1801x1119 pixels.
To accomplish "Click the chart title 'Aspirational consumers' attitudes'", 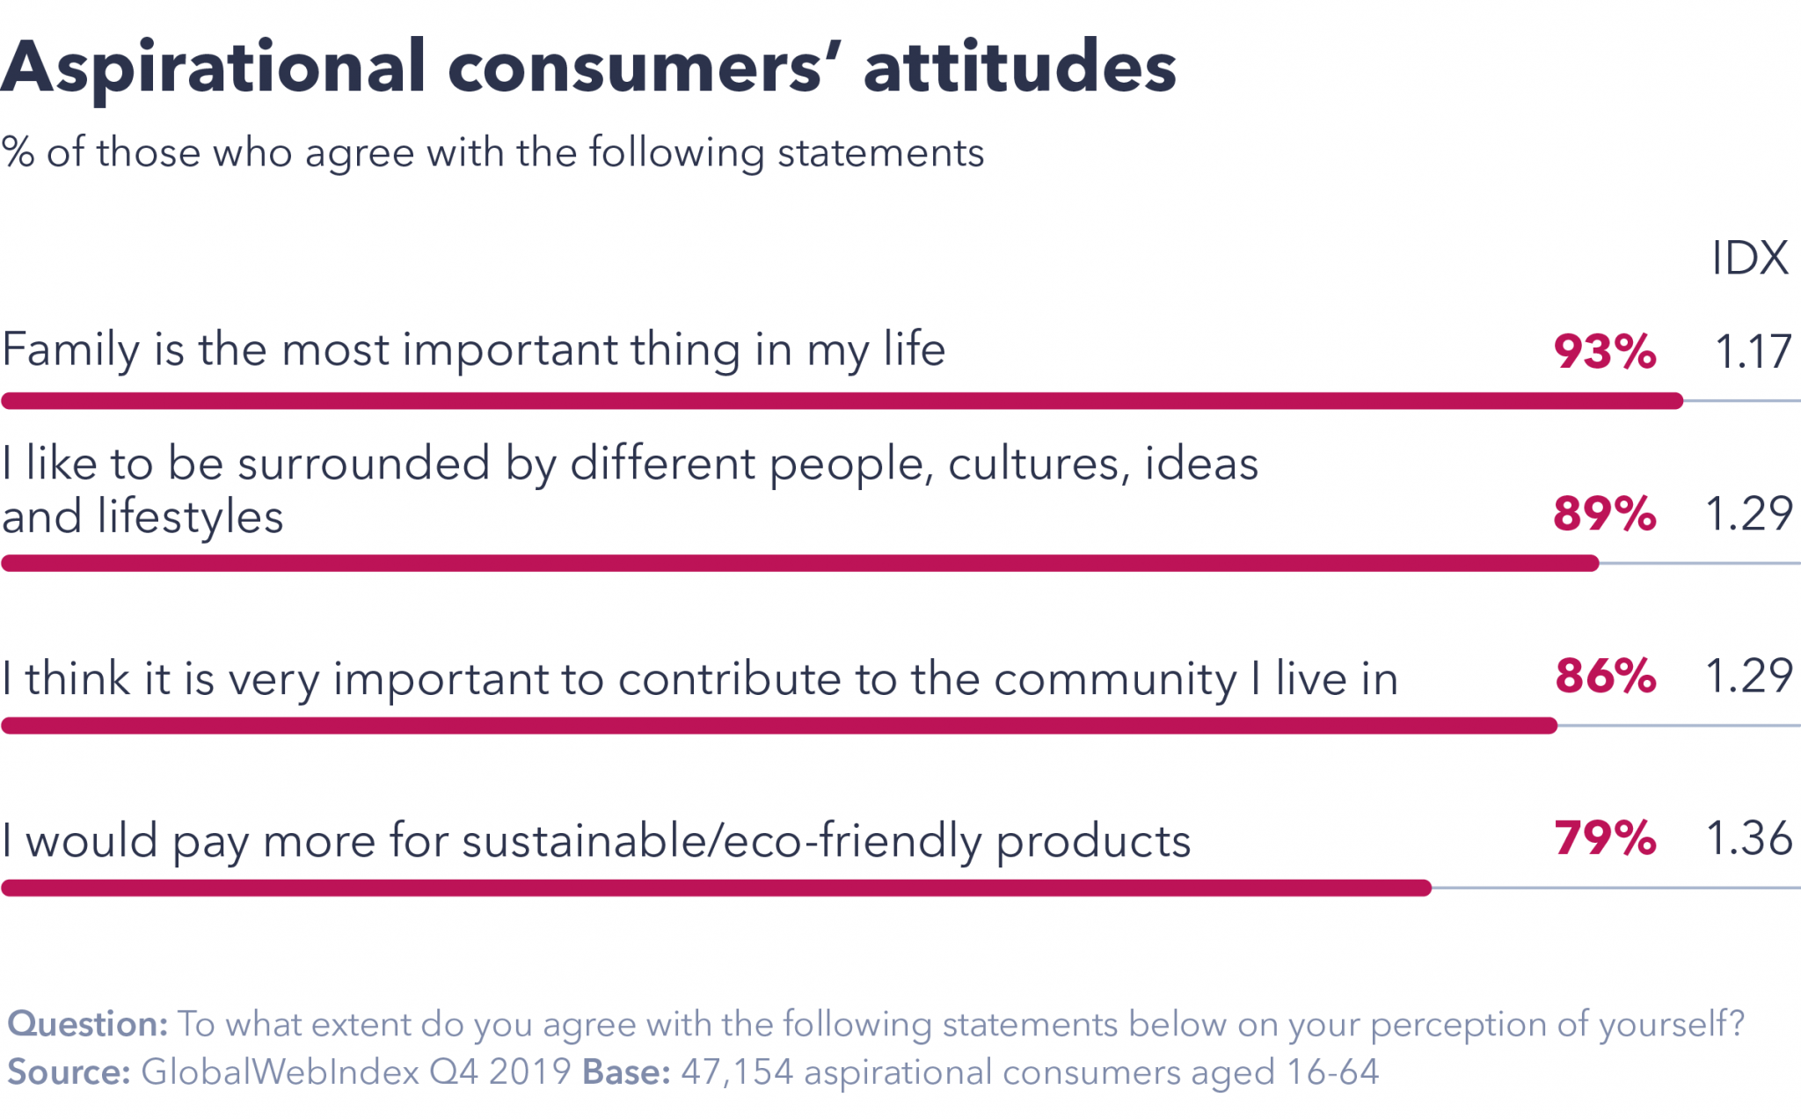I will (x=587, y=69).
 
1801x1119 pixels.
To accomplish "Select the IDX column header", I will (x=1749, y=259).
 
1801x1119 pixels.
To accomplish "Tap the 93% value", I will (x=1605, y=352).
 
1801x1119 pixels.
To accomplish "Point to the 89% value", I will (x=1605, y=514).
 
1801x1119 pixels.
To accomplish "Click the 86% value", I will (x=1606, y=676).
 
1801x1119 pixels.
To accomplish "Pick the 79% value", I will (x=1605, y=838).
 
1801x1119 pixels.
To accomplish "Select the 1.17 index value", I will (x=1753, y=352).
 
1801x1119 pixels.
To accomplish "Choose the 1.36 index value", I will (x=1749, y=838).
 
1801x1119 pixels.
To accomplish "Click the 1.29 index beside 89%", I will (x=1749, y=514).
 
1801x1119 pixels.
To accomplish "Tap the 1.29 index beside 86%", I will (x=1749, y=676).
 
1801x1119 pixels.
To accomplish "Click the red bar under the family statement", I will (x=842, y=401).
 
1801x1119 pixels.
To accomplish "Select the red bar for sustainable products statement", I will (x=716, y=889).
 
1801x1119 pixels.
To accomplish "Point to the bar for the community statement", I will (x=778, y=726).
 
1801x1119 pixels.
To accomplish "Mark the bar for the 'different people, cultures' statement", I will (x=799, y=563).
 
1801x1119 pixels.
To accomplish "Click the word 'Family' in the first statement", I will (x=71, y=350).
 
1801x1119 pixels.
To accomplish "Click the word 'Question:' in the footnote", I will (x=87, y=1025).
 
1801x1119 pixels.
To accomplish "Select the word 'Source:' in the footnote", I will (x=69, y=1072).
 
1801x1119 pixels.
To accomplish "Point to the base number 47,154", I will (x=737, y=1072).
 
